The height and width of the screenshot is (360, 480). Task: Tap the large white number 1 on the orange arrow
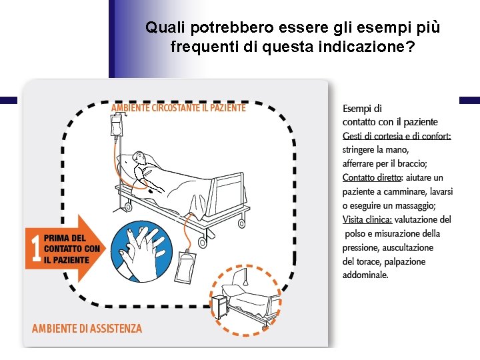click(x=36, y=248)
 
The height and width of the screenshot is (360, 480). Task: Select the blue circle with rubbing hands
click(x=141, y=251)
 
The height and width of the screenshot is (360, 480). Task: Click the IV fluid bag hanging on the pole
click(x=116, y=125)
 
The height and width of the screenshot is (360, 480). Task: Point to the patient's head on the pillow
click(x=139, y=157)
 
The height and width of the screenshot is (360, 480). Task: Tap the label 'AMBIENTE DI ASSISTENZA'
click(x=87, y=329)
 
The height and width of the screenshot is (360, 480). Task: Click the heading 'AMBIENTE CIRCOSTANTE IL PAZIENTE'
click(x=179, y=108)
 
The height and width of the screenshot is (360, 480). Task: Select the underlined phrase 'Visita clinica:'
click(x=367, y=219)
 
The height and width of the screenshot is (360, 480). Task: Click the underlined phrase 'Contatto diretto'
click(x=371, y=177)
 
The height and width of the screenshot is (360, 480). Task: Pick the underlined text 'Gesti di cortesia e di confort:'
click(x=397, y=136)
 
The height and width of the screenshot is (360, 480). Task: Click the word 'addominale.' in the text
click(x=365, y=275)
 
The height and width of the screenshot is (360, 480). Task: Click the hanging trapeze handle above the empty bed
click(x=245, y=278)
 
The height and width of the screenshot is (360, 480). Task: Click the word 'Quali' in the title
click(x=165, y=27)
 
